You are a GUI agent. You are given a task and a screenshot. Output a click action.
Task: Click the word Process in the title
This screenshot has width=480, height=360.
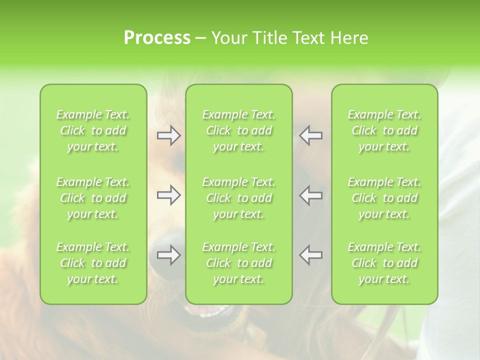point(157,38)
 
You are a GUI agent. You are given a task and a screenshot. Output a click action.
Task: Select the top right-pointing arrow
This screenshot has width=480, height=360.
point(169,135)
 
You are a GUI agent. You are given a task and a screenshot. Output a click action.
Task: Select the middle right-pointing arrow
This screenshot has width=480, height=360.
point(169,195)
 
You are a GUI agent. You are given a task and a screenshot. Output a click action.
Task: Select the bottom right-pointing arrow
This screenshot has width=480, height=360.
point(169,255)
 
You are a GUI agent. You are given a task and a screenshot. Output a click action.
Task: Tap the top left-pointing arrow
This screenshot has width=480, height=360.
point(311,135)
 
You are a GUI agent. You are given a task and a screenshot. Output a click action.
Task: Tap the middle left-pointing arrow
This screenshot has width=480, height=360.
point(311,195)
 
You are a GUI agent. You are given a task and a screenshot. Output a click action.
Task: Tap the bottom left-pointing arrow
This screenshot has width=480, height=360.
point(311,255)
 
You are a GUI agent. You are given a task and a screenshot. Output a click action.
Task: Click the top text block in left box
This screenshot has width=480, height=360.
point(93,130)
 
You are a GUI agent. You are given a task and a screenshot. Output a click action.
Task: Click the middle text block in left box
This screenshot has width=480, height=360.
point(93,198)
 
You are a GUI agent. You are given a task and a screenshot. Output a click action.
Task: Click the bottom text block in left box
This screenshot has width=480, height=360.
point(93,263)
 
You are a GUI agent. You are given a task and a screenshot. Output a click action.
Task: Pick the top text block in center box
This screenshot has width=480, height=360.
point(238,130)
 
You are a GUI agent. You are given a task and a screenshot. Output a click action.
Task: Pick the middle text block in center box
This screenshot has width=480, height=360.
point(238,198)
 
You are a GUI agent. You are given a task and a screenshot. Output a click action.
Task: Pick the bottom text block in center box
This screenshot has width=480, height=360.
point(238,263)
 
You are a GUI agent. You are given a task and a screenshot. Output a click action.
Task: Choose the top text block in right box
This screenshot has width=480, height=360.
point(384,130)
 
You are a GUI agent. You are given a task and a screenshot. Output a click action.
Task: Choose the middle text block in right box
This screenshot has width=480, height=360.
point(384,198)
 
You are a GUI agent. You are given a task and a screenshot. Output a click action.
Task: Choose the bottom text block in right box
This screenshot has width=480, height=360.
point(384,263)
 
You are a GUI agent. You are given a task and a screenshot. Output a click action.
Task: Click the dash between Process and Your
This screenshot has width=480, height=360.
point(201,38)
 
